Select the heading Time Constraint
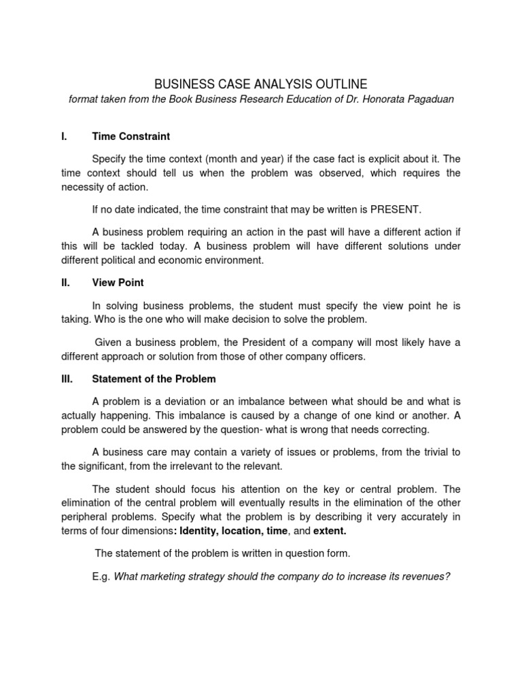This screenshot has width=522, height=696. [130, 137]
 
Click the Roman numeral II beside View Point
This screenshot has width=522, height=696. [65, 282]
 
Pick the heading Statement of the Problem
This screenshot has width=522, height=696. [154, 379]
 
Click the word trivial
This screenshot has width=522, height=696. [430, 452]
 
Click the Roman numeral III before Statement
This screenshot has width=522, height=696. [67, 379]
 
